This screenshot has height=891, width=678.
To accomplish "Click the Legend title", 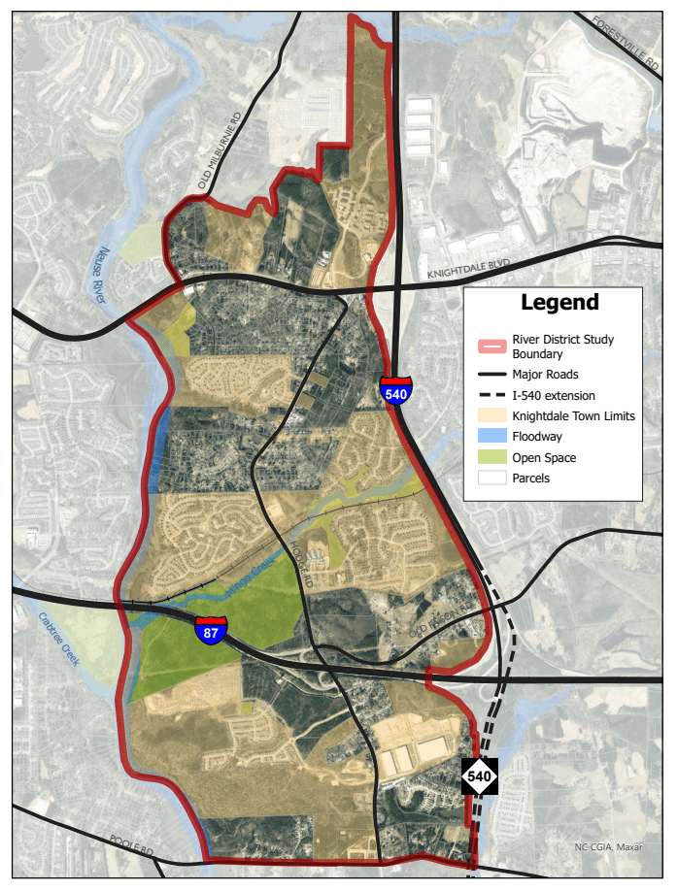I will tap(559, 303).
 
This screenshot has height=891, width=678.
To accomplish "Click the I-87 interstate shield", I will tap(211, 630).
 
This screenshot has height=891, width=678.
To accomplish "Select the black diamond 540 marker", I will tap(480, 776).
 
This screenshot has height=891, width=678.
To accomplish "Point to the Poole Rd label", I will tap(132, 844).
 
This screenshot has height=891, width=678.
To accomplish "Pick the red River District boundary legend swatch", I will tap(492, 346).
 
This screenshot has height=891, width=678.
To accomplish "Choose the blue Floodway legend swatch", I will tap(492, 437).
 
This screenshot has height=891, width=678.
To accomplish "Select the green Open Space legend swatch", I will tap(492, 458).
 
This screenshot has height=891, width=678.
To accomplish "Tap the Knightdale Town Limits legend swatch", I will tap(492, 416).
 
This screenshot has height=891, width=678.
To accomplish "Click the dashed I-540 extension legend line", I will tap(492, 395).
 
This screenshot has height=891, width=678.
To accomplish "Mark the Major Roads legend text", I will tap(545, 375).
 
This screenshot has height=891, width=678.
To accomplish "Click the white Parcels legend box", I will tap(492, 478).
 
